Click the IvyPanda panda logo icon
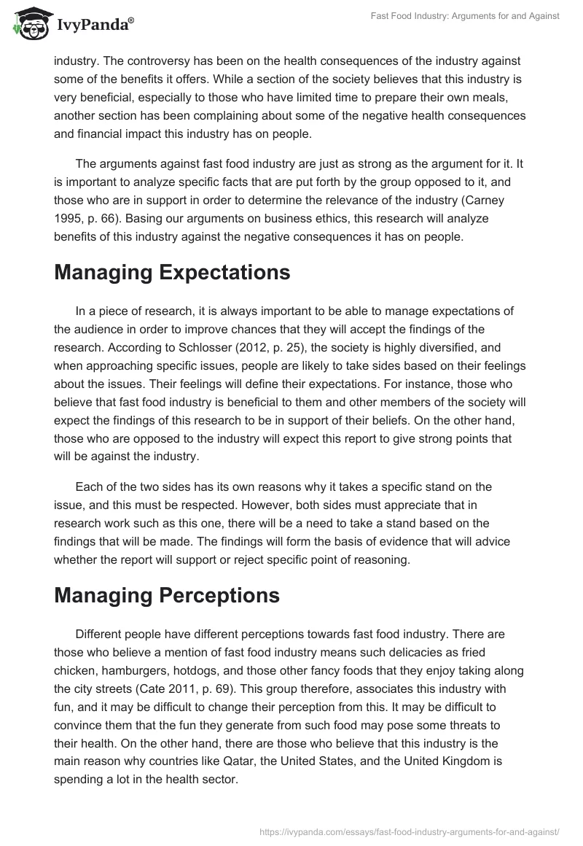[28, 24]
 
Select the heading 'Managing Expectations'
[172, 273]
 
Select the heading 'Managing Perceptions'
[167, 595]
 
